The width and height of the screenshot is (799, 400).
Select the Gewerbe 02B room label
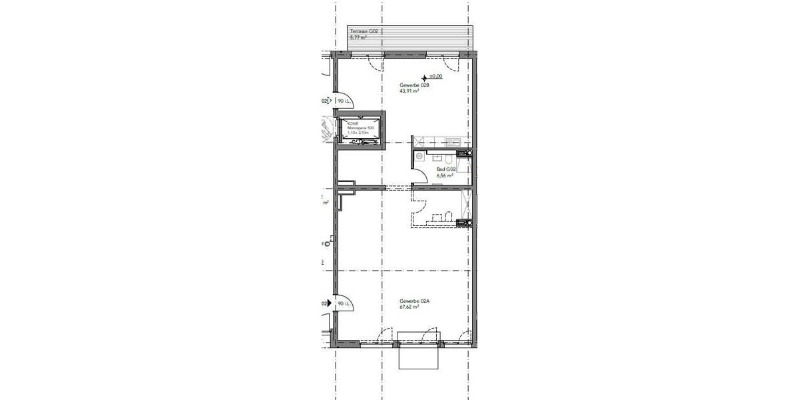(x=413, y=85)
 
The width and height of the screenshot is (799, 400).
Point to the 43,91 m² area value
(x=409, y=92)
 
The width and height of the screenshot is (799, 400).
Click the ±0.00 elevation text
(x=436, y=77)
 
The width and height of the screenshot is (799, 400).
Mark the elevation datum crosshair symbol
(x=424, y=77)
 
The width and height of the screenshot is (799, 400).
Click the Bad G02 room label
(x=445, y=170)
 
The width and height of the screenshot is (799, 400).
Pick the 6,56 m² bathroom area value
(x=445, y=176)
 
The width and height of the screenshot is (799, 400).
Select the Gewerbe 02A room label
(x=414, y=301)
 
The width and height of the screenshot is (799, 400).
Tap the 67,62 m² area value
(x=409, y=308)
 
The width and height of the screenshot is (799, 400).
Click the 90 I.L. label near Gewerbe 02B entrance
(x=344, y=101)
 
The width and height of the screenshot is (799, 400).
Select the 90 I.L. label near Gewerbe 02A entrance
(x=344, y=304)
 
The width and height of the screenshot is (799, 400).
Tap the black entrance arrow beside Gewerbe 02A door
(x=331, y=304)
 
